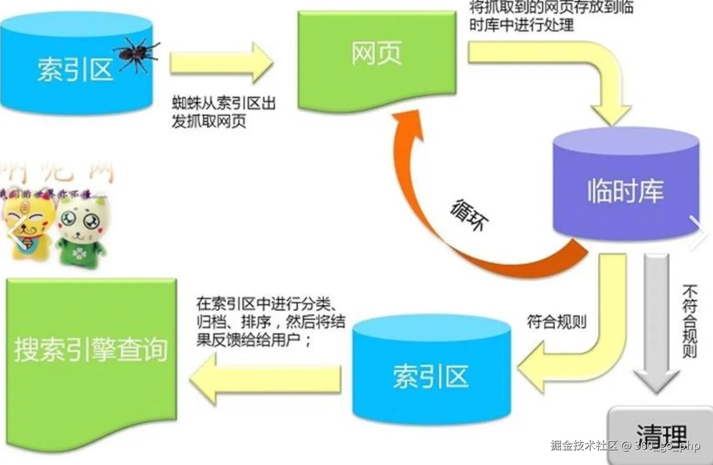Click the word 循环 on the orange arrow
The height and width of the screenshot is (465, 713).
(469, 215)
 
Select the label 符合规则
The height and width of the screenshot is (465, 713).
(556, 322)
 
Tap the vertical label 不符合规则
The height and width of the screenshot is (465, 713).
(690, 321)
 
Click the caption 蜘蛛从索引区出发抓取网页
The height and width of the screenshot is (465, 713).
(223, 112)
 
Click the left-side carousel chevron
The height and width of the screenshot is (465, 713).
(16, 232)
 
